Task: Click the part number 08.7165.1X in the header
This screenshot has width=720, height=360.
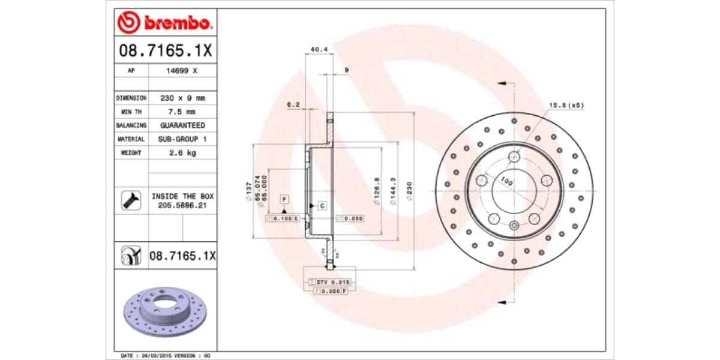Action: click(x=165, y=51)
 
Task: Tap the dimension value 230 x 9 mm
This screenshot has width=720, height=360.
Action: click(x=182, y=98)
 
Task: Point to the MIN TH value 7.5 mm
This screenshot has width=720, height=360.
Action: click(x=182, y=112)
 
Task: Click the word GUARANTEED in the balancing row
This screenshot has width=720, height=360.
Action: click(x=182, y=125)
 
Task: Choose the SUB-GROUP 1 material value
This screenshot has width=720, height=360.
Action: click(x=182, y=139)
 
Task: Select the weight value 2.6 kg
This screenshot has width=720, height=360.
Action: click(x=182, y=153)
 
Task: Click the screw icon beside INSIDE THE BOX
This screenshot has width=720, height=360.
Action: click(x=131, y=200)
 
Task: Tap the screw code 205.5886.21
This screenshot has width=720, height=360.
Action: click(x=182, y=205)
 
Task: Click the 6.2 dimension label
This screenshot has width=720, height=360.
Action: click(x=293, y=104)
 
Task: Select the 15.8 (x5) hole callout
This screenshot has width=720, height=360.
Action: click(x=566, y=106)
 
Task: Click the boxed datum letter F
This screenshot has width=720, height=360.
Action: click(x=284, y=198)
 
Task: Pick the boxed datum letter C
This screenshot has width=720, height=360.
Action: click(x=322, y=206)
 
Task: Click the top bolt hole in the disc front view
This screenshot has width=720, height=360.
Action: click(x=514, y=157)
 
